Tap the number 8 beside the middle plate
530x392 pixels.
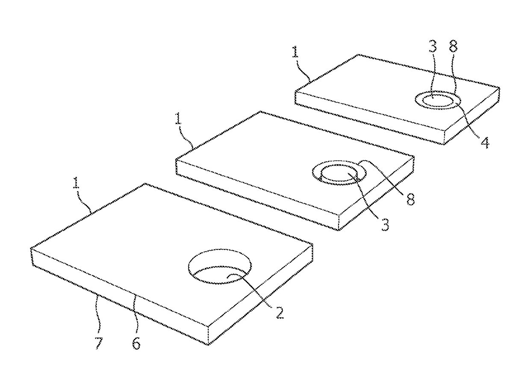411,199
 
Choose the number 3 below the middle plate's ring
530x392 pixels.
385,224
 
